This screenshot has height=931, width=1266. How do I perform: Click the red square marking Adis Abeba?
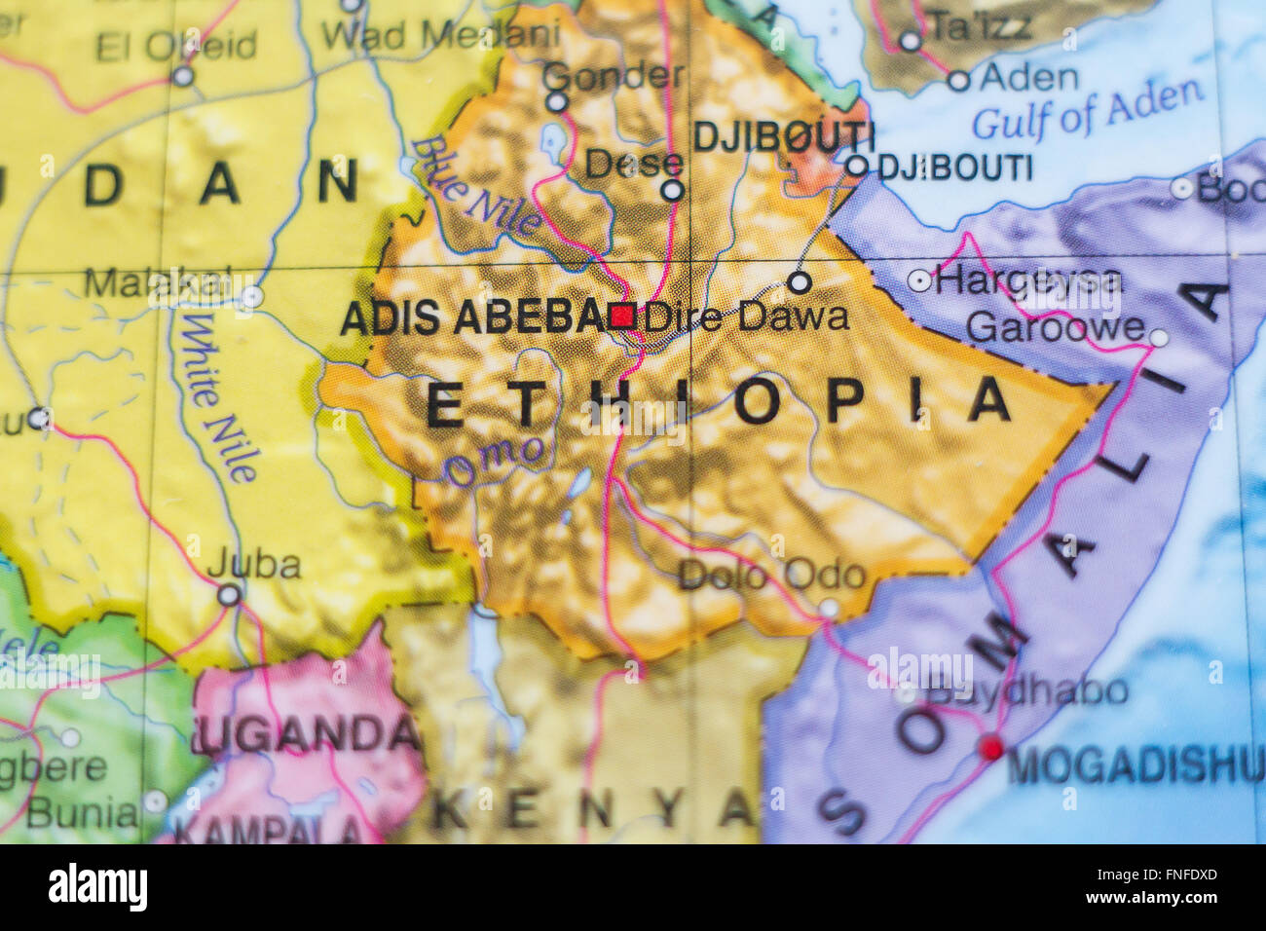pos(621,315)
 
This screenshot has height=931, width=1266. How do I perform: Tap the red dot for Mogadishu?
pos(990,748)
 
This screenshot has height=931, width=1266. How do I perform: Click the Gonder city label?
pos(613,74)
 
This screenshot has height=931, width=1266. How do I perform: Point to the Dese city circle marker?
pos(672,190)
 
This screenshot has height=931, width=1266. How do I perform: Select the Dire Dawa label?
pos(746,316)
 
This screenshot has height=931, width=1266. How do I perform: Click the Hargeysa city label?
pos(1027,281)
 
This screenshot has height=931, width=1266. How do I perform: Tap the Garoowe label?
pos(1055,327)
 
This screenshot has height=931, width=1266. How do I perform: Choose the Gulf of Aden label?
pos(1087,109)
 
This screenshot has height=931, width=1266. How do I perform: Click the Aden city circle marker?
pos(958,81)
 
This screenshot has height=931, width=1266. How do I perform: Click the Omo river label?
pos(495,460)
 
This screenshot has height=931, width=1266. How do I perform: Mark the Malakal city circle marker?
pos(252,296)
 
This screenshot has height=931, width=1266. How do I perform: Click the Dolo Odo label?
pos(771,575)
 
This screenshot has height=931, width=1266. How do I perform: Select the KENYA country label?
pos(596,808)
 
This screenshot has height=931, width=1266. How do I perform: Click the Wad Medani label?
pos(440,34)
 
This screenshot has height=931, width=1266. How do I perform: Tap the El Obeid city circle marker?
pos(183,76)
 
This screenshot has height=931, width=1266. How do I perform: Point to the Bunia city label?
pos(82,811)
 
